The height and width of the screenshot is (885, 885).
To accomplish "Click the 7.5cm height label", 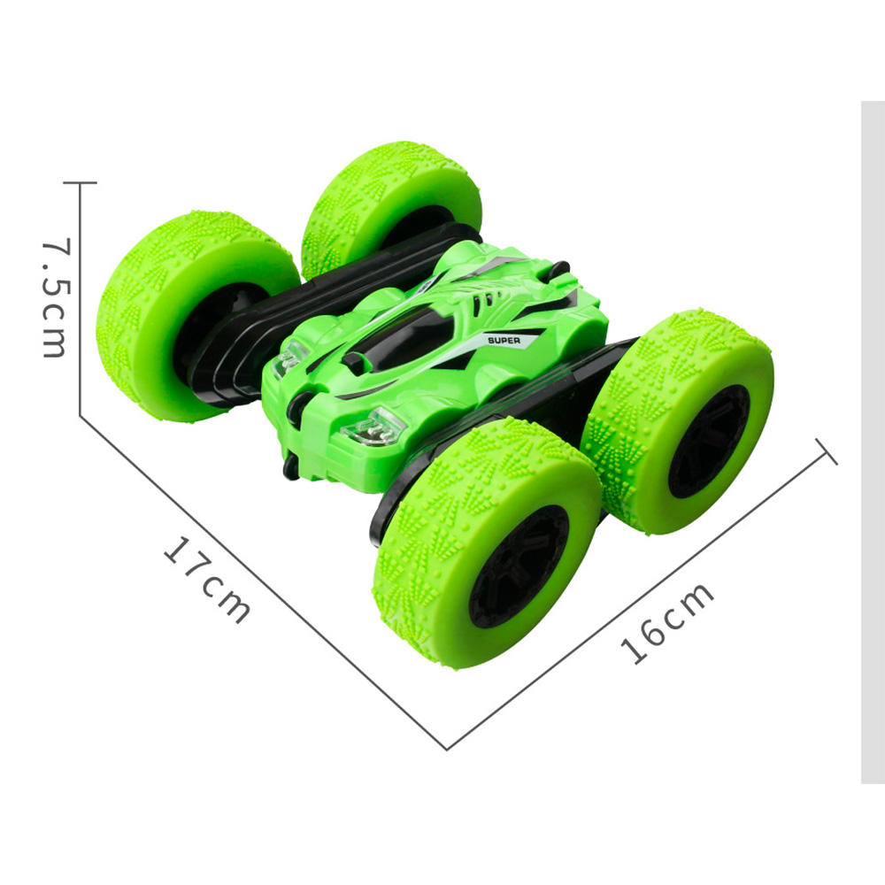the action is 57,298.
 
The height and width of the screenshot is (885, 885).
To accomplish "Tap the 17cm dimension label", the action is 207,580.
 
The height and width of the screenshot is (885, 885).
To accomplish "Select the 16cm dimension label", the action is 666,621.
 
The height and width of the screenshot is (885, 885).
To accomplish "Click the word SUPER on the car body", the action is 504,341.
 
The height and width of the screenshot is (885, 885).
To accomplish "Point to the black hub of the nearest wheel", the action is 518,566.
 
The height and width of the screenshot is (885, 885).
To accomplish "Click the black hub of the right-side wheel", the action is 710,441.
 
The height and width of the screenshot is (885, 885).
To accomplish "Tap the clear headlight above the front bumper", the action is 373,427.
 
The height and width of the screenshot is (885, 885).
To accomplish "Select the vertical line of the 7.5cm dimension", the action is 81,299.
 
